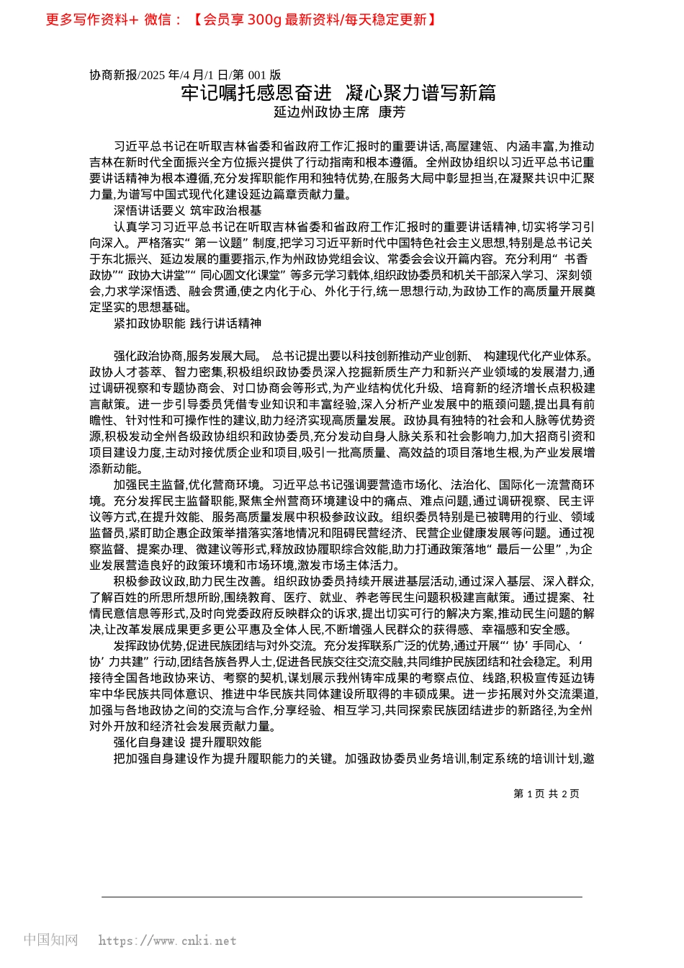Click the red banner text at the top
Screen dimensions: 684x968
tap(241, 19)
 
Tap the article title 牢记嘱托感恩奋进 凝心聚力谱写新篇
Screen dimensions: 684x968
tap(338, 93)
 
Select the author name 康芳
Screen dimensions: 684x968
tap(392, 112)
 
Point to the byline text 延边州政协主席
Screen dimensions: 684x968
tap(322, 112)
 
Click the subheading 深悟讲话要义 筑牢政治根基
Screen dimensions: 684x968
tap(188, 210)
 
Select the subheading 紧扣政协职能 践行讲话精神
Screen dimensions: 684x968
tap(188, 323)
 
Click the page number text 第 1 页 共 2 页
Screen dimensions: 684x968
tap(546, 794)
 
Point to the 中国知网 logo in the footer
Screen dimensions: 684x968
tap(50, 940)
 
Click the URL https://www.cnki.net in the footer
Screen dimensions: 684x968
tap(167, 941)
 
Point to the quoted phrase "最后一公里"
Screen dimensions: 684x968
tap(526, 549)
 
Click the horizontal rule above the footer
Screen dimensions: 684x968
tap(342, 897)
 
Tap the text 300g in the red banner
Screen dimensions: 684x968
tap(264, 19)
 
